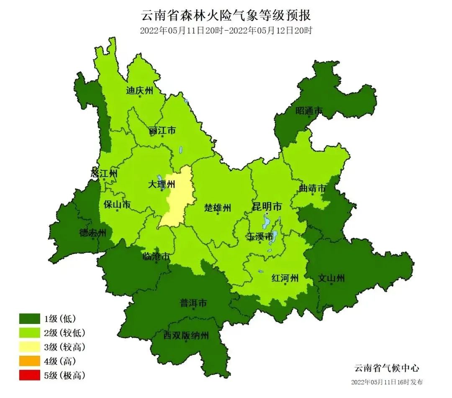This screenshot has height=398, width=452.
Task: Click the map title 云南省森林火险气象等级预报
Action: coord(226,16)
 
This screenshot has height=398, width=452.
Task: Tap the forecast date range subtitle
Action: coord(226,31)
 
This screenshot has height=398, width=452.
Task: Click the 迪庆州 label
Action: coord(140,90)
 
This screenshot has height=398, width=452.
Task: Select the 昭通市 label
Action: coord(309,111)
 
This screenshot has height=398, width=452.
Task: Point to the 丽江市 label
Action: coord(162,131)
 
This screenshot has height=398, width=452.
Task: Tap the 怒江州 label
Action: coord(104,173)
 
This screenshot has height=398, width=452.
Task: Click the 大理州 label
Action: coord(162,184)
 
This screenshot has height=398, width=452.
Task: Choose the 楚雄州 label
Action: coord(218,208)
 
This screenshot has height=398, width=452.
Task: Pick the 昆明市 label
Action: coord(267,206)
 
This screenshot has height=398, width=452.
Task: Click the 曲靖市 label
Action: coord(312,189)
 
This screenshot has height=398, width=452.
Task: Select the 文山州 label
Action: coord(331,278)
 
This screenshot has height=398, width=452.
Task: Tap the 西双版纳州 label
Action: coord(186,335)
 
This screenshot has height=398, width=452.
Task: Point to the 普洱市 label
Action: coord(193,303)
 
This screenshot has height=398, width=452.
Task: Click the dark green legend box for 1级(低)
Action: coord(29,318)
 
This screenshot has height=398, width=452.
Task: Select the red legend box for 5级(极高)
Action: coord(29,375)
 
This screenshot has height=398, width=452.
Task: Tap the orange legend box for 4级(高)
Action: coord(29,361)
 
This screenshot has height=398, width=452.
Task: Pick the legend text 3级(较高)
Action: coord(64,347)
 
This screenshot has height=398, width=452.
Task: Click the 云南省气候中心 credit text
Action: coord(386,368)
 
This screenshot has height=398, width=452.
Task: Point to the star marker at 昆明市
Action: coord(267,213)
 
